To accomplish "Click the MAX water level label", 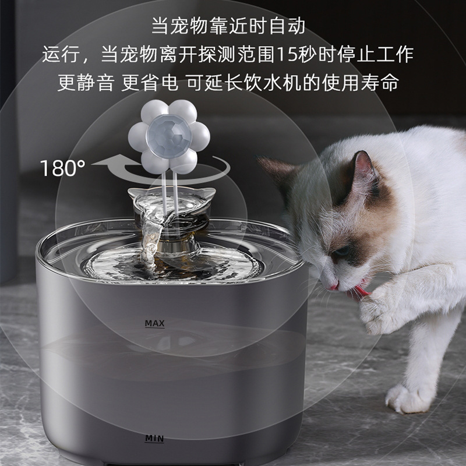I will (155, 323).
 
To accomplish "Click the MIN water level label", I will (155, 437).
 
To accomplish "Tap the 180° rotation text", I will (62, 169).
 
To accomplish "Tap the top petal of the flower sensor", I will (168, 110).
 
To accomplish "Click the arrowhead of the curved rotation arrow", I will (102, 164).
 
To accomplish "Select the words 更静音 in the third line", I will (86, 82).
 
